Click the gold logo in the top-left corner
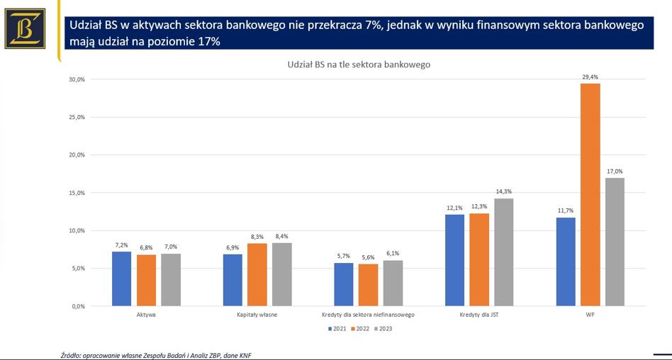click(x=25, y=28)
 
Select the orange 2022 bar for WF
click(x=590, y=195)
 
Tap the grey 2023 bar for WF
click(x=615, y=242)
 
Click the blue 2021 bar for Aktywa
click(x=121, y=279)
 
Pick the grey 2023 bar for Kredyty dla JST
click(x=503, y=252)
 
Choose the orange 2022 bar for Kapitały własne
click(x=257, y=274)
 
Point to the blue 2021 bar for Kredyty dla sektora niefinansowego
click(x=344, y=284)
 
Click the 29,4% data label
click(x=590, y=77)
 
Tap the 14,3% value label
click(x=503, y=191)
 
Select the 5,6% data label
click(x=368, y=257)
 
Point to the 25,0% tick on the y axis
click(x=77, y=117)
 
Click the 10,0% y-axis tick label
click(x=77, y=230)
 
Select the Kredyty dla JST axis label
click(x=478, y=314)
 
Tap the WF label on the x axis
click(x=590, y=314)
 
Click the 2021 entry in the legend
click(x=337, y=329)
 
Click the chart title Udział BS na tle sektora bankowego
click(x=359, y=64)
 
